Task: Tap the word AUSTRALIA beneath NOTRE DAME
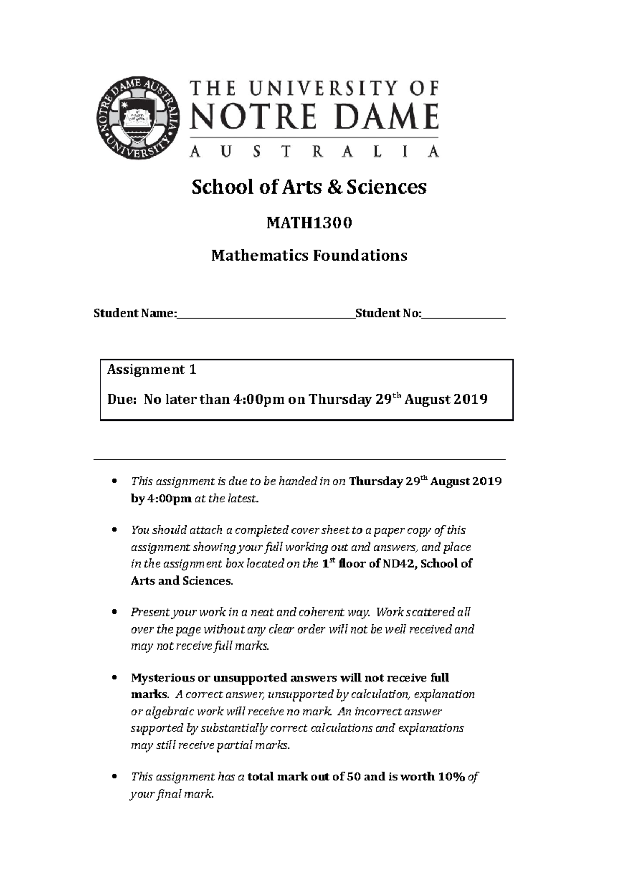[314, 152]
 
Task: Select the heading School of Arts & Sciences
[309, 187]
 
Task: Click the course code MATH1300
[309, 223]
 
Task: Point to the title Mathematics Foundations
[309, 256]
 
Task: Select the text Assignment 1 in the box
[151, 370]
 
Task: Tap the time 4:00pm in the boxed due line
[255, 399]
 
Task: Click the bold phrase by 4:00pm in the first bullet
[161, 499]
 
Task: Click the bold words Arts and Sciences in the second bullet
[181, 581]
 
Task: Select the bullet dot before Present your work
[115, 613]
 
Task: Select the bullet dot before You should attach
[115, 530]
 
